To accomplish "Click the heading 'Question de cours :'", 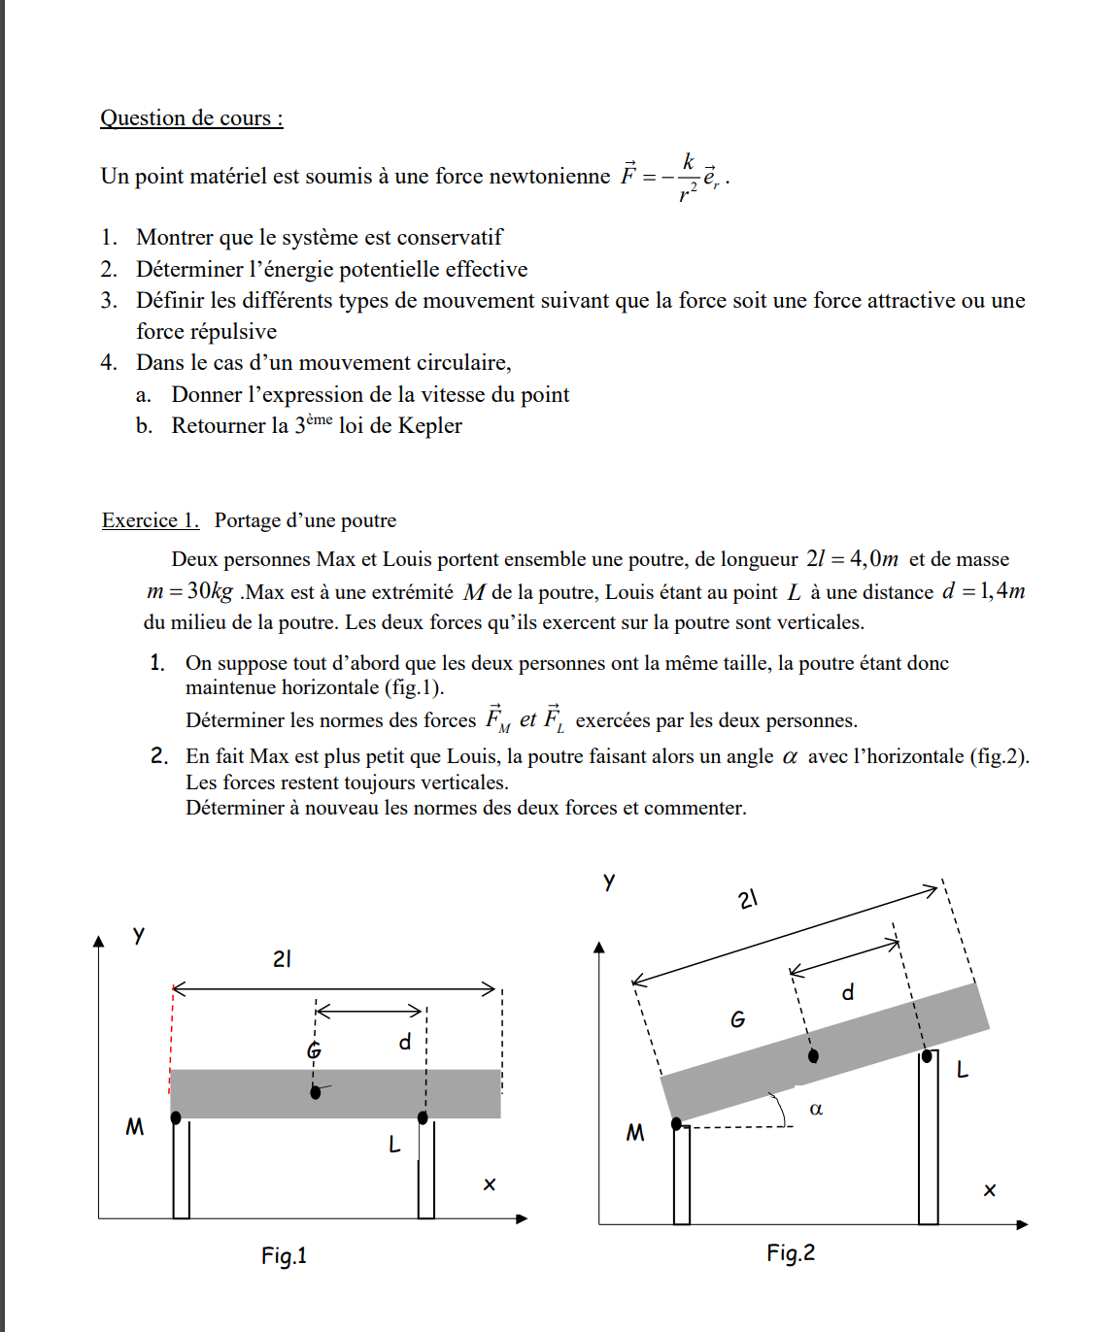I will click(191, 118).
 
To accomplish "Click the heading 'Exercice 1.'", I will click(150, 520).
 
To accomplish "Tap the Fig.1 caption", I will click(284, 1255).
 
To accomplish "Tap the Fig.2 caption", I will click(790, 1252).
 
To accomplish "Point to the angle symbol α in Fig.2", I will click(816, 1109).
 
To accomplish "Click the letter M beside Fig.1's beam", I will click(134, 1126).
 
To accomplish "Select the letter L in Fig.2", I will click(962, 1070).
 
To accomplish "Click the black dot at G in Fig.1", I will click(315, 1092).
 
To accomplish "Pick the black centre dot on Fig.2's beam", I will click(813, 1055).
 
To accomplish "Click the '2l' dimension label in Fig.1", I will click(282, 959).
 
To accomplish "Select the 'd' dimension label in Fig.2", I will click(848, 992).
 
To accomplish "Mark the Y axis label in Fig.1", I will click(139, 935).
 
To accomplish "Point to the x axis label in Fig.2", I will click(989, 1189).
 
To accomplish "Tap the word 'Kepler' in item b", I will click(429, 425).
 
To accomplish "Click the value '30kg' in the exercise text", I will click(210, 591).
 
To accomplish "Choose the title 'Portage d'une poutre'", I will click(305, 520).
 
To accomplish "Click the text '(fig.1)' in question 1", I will click(411, 687).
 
